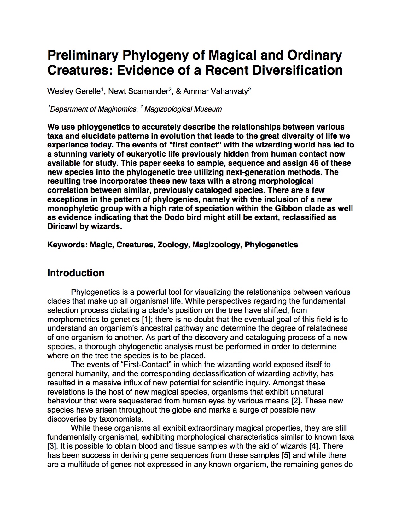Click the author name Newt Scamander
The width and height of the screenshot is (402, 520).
click(138, 91)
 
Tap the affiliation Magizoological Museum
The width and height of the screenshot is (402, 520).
click(183, 109)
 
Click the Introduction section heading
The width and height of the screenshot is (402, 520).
click(76, 273)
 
